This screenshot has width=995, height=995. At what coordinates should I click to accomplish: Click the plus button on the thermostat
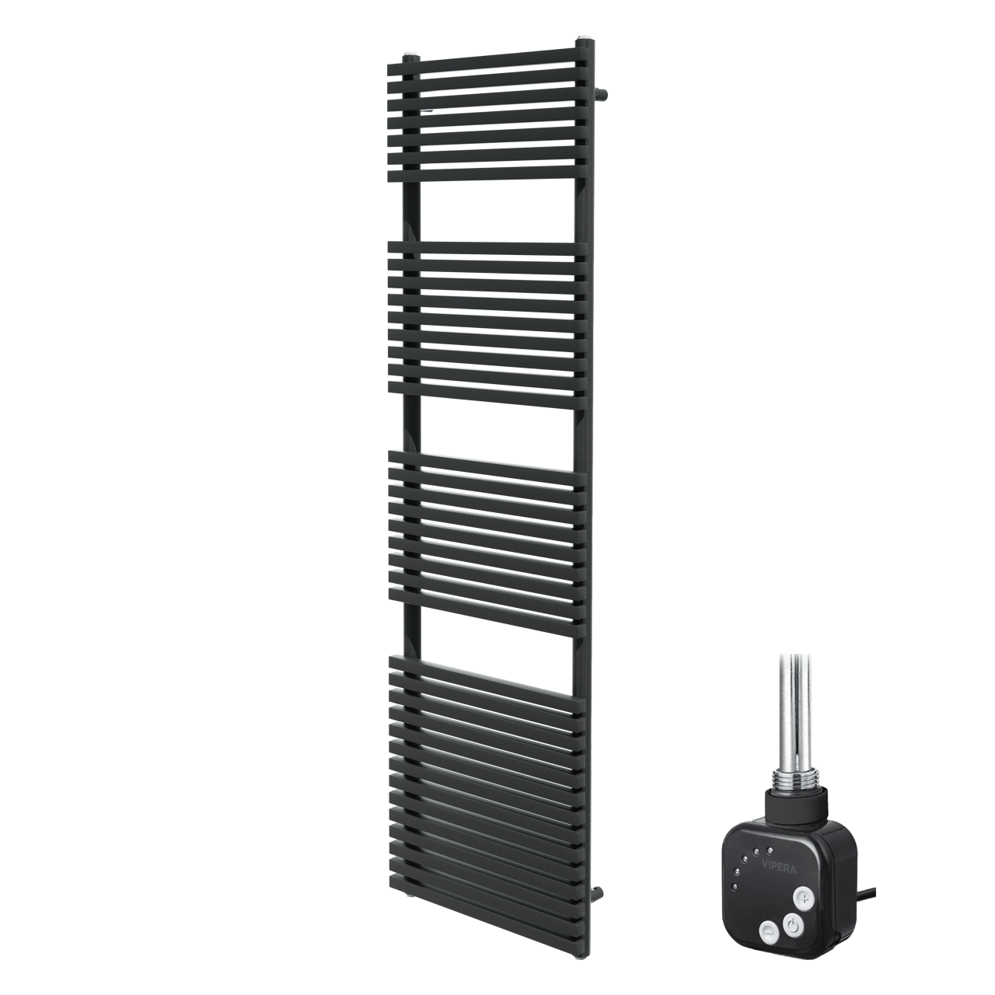click(804, 899)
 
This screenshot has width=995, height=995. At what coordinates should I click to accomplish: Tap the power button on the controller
click(793, 925)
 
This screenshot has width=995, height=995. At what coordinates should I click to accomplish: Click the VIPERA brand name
click(779, 866)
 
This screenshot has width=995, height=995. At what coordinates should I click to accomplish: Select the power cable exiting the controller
click(868, 893)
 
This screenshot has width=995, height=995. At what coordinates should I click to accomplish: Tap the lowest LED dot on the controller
click(735, 887)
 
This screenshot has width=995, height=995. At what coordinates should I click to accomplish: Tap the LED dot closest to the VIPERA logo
click(770, 850)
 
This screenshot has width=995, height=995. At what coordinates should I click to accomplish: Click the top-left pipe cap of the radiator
click(411, 57)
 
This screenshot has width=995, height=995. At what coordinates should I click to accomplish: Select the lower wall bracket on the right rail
click(598, 893)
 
